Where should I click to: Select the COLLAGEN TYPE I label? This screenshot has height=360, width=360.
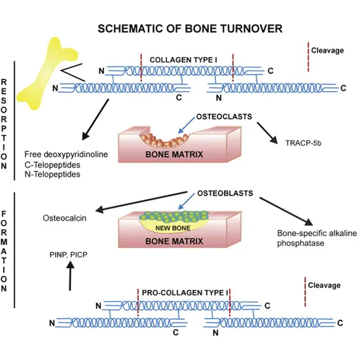click(x=185, y=58)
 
